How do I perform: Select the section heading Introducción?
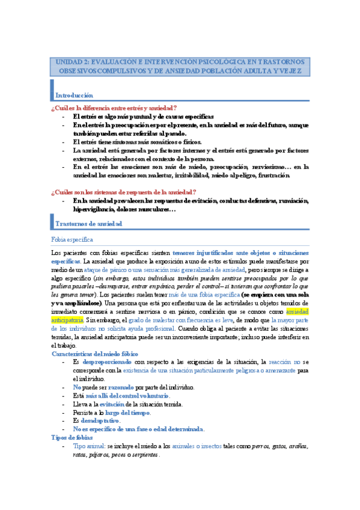[x=74, y=96]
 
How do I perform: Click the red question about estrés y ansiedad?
[x=114, y=108]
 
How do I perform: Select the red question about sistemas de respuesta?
[x=124, y=191]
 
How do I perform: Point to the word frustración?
[x=274, y=176]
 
